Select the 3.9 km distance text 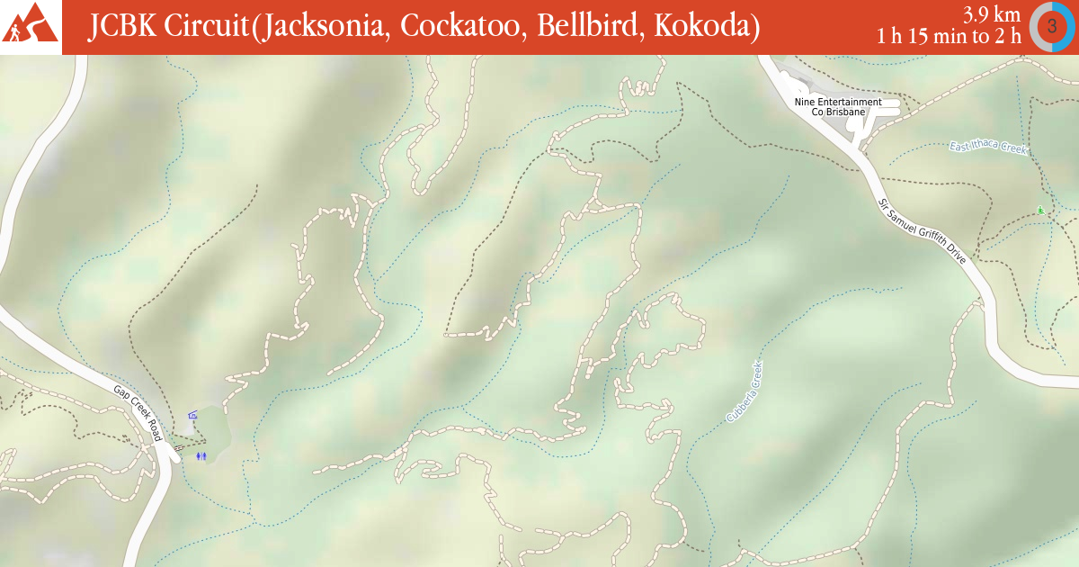(x=992, y=15)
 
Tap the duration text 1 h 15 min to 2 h (x=950, y=37)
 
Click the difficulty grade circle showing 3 (x=1051, y=26)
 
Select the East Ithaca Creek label (x=987, y=148)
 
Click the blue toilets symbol (x=201, y=455)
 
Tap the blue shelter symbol (x=192, y=415)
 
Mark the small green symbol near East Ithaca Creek (x=1040, y=211)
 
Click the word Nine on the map (x=803, y=102)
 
